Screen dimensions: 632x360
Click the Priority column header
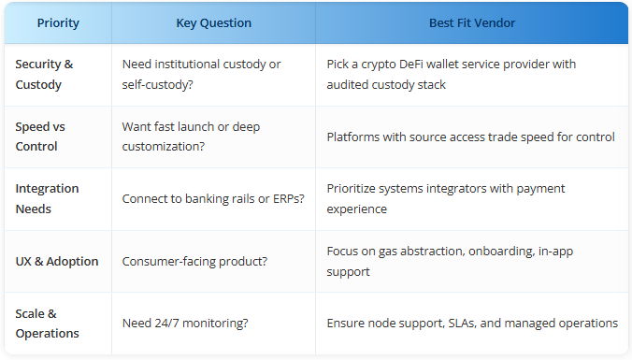tap(58, 23)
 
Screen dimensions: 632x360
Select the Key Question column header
tap(213, 23)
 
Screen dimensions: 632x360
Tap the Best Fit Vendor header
tap(472, 23)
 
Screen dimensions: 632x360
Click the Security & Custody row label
tap(44, 74)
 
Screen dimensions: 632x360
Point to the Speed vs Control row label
tap(40, 137)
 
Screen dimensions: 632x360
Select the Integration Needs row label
tap(47, 198)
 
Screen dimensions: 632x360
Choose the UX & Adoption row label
tap(57, 261)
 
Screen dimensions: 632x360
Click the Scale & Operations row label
tap(47, 324)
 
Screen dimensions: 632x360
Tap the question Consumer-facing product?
tap(194, 261)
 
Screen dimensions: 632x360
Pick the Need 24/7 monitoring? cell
tap(185, 323)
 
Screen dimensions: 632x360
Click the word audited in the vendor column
tap(348, 85)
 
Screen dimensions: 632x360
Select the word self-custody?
tap(158, 85)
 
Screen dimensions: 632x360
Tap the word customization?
tap(164, 147)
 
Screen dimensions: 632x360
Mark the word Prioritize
tap(352, 189)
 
